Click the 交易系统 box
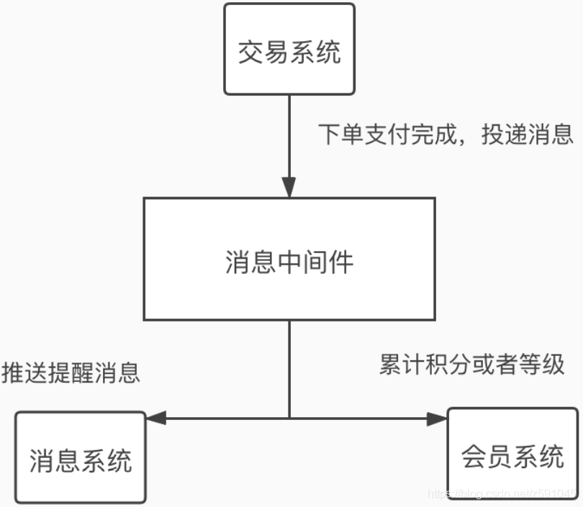pyautogui.click(x=289, y=49)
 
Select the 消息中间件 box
pyautogui.click(x=289, y=259)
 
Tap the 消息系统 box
pyautogui.click(x=81, y=457)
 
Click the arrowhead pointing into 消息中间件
pyautogui.click(x=289, y=188)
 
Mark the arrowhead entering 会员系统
pyautogui.click(x=437, y=418)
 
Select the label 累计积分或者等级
pyautogui.click(x=471, y=365)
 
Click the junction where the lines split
pyautogui.click(x=289, y=418)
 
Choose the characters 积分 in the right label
pyautogui.click(x=445, y=365)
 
